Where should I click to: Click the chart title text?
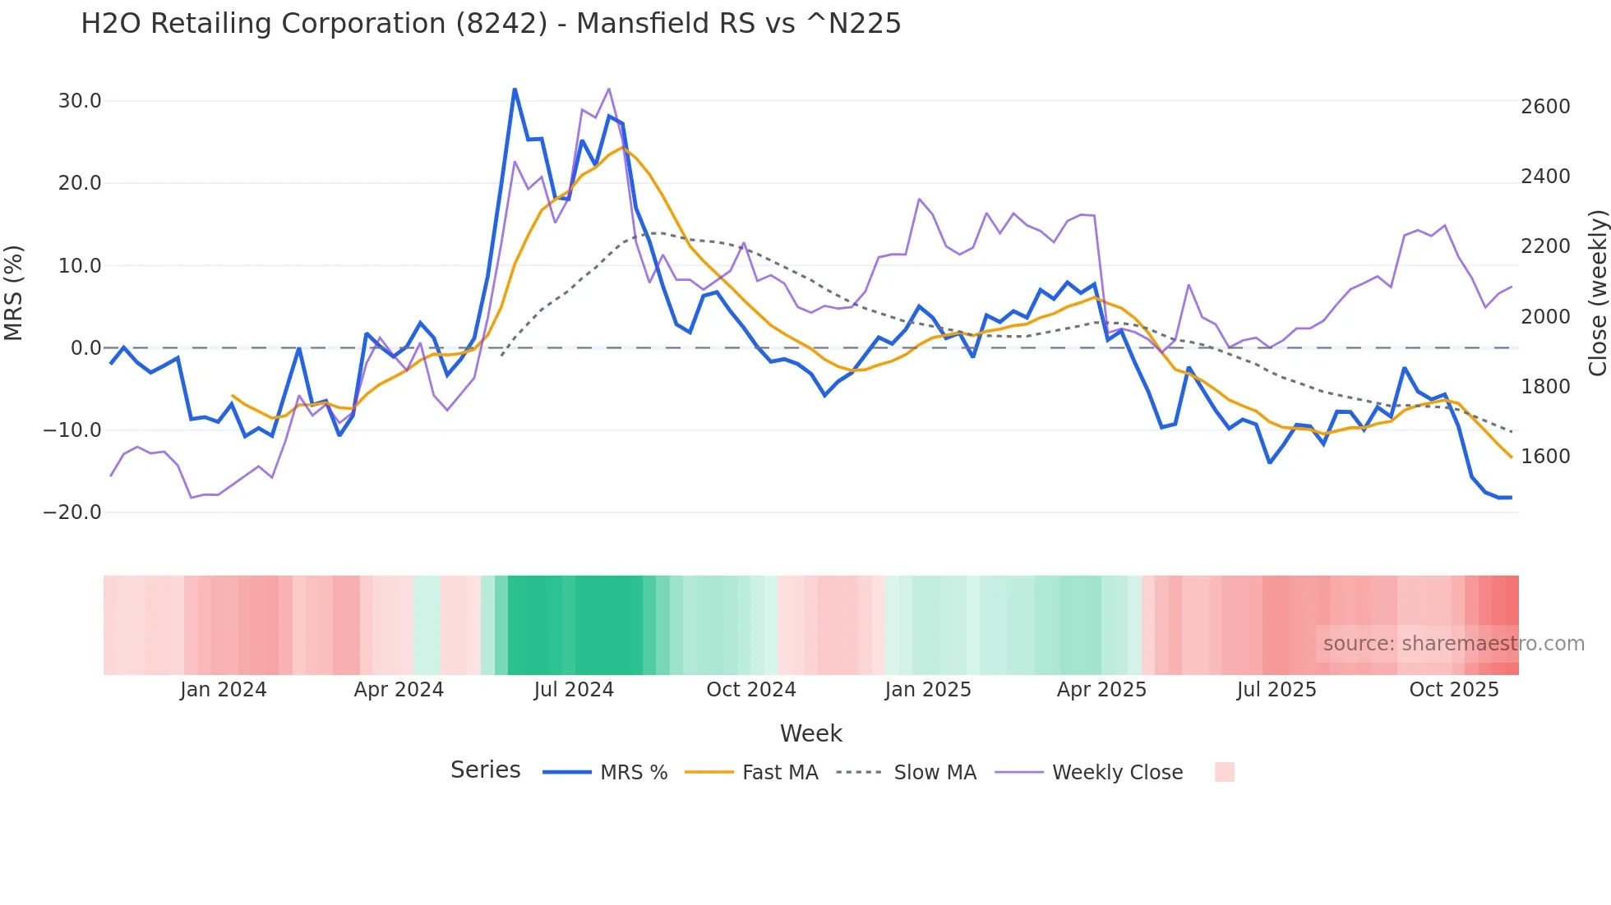click(x=491, y=24)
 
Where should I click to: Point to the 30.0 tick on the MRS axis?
click(x=80, y=101)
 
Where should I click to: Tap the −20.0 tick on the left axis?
click(x=72, y=512)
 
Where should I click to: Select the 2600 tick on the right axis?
click(x=1545, y=107)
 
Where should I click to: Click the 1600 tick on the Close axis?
click(x=1545, y=457)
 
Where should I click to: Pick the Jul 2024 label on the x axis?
click(x=574, y=690)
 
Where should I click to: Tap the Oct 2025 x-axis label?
click(x=1454, y=690)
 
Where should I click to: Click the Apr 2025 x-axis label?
click(x=1101, y=690)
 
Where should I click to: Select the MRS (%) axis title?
click(x=14, y=292)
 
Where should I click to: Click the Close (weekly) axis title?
click(x=1597, y=292)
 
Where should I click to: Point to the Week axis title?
click(x=810, y=733)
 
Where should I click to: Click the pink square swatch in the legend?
click(x=1224, y=772)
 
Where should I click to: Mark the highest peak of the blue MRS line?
click(x=515, y=90)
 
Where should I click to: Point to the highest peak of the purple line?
click(x=609, y=89)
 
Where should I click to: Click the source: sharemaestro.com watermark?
click(x=1453, y=644)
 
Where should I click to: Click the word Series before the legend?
click(x=485, y=770)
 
